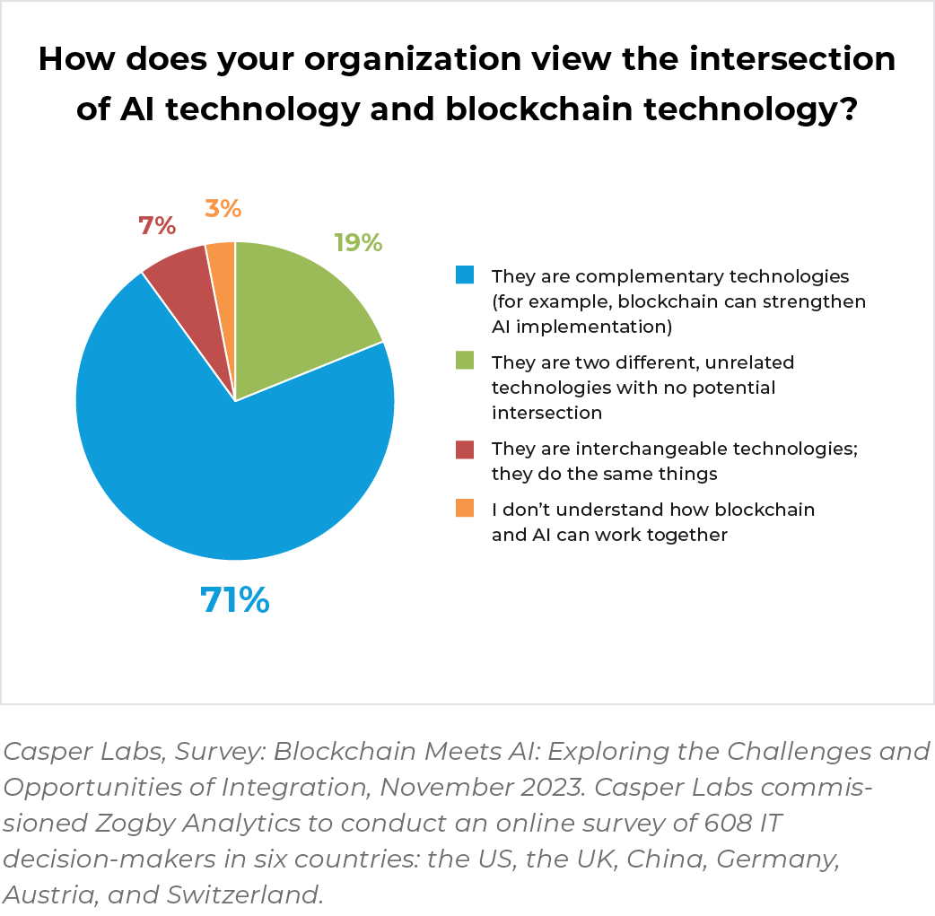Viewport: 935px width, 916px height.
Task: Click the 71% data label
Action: click(234, 600)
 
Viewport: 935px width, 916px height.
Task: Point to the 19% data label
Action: click(358, 242)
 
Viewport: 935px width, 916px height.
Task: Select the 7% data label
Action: click(157, 225)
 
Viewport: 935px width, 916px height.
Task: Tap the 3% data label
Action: click(223, 209)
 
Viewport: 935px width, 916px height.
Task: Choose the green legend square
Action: click(464, 361)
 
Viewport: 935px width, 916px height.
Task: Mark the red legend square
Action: click(464, 448)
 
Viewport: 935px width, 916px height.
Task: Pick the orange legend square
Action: click(464, 509)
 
